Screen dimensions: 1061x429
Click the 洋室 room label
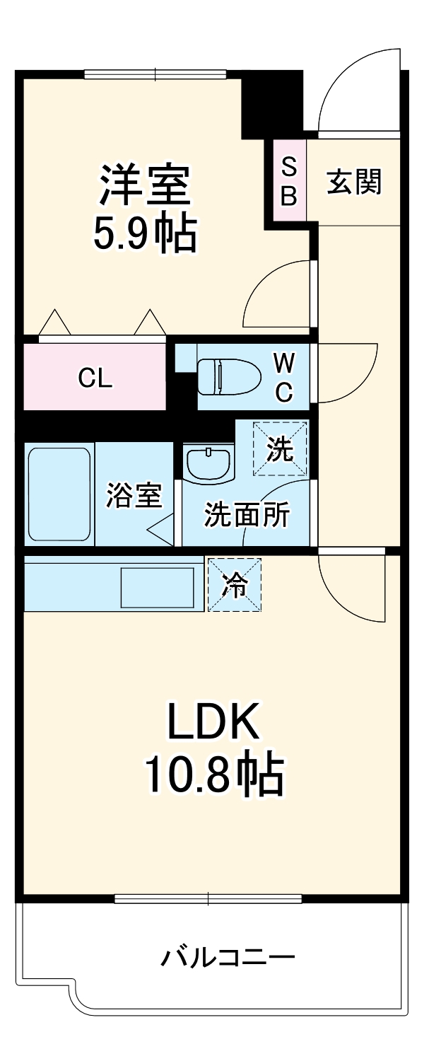tap(144, 185)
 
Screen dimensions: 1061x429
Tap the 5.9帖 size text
tap(144, 233)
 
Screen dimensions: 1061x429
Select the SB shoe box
tap(289, 182)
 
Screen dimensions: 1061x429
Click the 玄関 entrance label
tap(353, 182)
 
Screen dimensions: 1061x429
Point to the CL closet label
tap(95, 379)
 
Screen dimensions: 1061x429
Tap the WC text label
tap(283, 377)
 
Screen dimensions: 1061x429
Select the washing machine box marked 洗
tap(281, 448)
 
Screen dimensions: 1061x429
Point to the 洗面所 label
tap(247, 516)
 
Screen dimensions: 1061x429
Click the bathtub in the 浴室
tap(59, 493)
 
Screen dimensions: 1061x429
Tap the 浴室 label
tap(134, 496)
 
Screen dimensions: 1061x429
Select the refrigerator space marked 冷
tap(234, 584)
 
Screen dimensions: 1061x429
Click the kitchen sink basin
tap(158, 586)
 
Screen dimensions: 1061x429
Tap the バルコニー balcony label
tap(227, 958)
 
